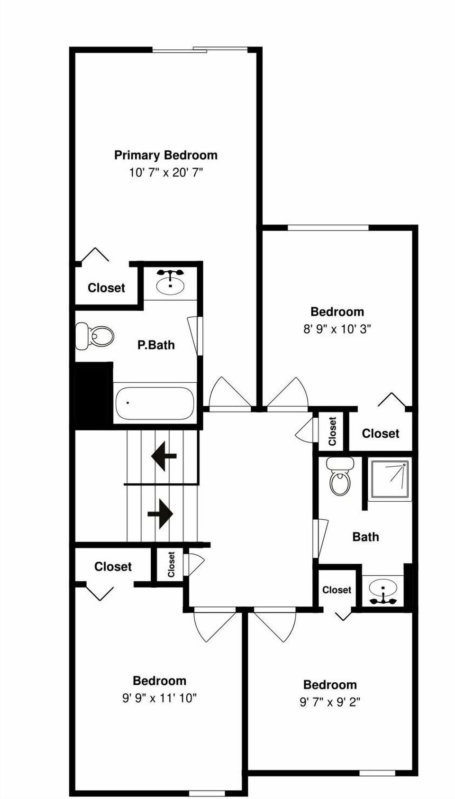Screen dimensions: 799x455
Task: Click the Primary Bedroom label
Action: click(x=165, y=155)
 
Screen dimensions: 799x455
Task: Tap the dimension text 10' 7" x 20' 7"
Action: click(x=165, y=172)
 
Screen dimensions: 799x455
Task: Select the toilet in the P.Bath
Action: click(x=96, y=336)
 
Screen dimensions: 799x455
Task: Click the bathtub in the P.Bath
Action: click(x=155, y=403)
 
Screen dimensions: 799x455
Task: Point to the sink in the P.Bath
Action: click(x=170, y=284)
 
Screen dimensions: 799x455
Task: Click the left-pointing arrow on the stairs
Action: click(x=164, y=456)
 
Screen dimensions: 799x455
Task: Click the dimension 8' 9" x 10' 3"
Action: click(x=337, y=329)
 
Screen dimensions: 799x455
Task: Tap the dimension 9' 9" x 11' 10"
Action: click(x=159, y=698)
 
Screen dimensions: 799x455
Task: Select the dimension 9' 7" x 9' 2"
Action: click(x=330, y=702)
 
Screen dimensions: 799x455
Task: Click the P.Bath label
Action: click(x=156, y=345)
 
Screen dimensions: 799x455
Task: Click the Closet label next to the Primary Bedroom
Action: click(x=106, y=288)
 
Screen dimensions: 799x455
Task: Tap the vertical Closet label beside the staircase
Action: click(x=172, y=564)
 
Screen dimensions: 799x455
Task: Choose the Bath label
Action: click(x=365, y=537)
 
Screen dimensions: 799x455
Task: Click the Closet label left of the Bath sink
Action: click(x=337, y=590)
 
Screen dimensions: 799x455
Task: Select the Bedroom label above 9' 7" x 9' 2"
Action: click(x=330, y=685)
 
